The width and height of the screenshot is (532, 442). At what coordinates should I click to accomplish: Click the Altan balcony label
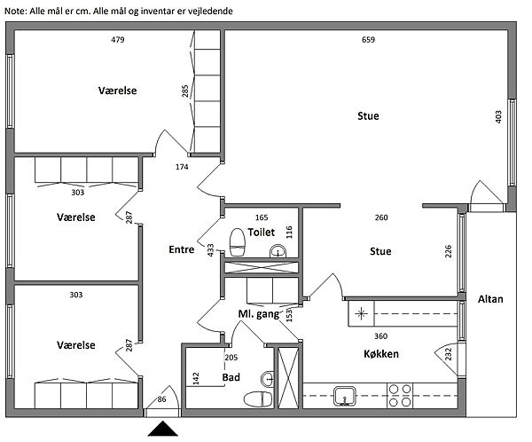(489, 299)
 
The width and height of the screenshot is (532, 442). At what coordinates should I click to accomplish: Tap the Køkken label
(380, 354)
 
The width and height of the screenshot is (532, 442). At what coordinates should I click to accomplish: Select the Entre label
(181, 250)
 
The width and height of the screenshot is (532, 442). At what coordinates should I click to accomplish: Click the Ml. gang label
(260, 315)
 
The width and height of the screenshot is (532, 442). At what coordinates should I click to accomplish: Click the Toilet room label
(262, 232)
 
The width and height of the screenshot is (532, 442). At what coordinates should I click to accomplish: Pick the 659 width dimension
(369, 40)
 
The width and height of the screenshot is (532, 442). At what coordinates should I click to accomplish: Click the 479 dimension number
(117, 40)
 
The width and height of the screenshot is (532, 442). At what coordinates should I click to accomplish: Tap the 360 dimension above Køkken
(380, 335)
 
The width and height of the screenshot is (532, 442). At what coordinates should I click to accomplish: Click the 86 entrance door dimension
(161, 400)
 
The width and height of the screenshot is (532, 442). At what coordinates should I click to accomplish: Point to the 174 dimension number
(182, 167)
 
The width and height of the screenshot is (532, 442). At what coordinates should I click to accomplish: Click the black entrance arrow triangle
(162, 430)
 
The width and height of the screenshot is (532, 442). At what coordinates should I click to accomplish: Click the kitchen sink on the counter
(346, 396)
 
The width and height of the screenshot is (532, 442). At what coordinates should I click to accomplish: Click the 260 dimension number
(381, 217)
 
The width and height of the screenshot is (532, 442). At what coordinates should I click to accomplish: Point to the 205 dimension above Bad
(231, 358)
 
